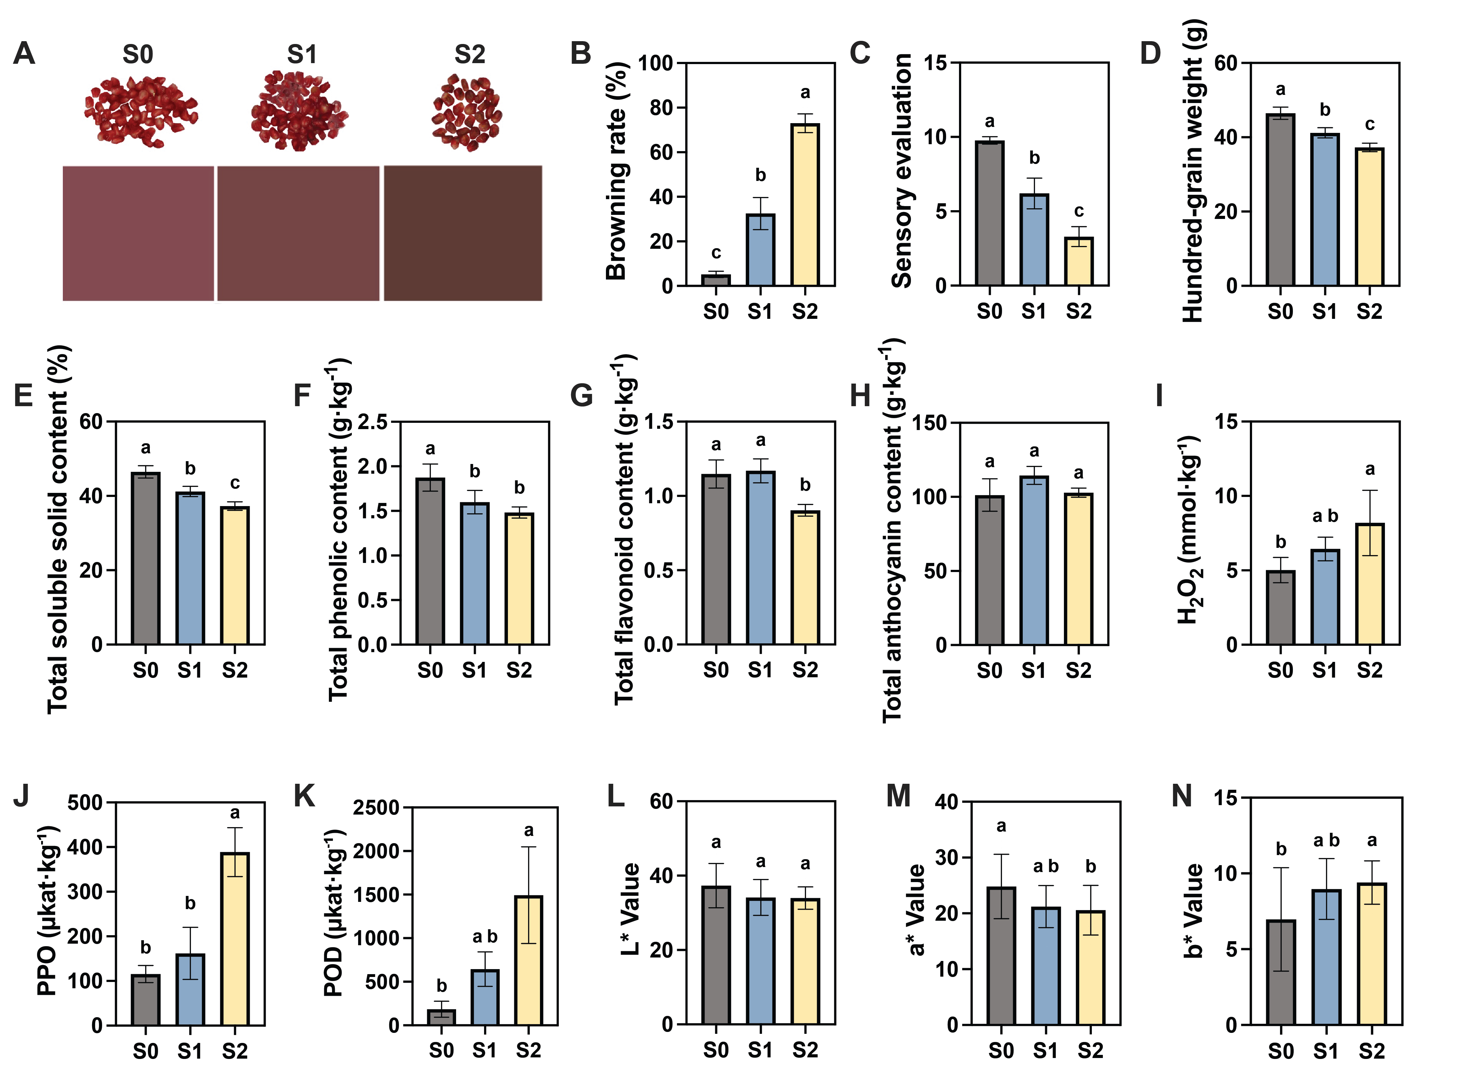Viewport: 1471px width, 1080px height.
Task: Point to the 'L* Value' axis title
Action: (x=631, y=909)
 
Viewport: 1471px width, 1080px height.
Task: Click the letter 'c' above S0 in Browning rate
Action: (x=716, y=253)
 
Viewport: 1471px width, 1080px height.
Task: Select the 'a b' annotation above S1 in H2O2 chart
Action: (x=1325, y=516)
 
